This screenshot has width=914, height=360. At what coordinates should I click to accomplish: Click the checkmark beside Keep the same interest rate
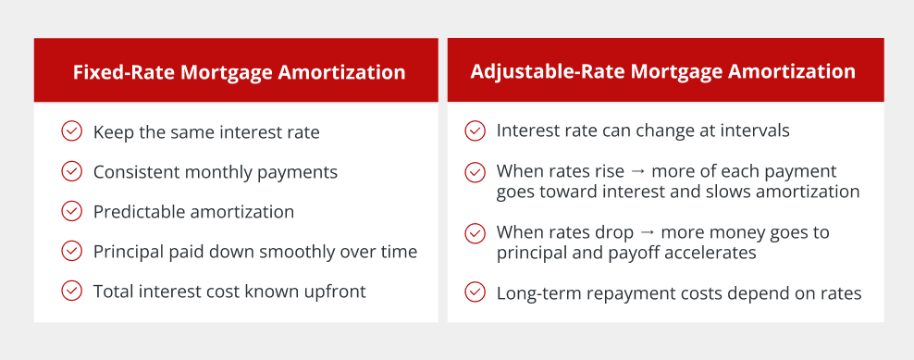(x=71, y=131)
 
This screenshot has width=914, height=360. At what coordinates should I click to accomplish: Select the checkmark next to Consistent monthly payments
(x=71, y=171)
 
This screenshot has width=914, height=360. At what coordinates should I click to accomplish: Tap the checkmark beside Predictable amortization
(x=71, y=211)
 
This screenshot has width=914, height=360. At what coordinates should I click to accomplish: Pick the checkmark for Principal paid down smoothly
(x=71, y=251)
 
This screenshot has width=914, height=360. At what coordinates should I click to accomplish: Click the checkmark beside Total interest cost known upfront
(x=71, y=291)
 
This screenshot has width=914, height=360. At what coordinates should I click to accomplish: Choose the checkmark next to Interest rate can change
(x=476, y=130)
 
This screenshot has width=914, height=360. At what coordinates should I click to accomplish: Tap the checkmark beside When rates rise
(x=476, y=172)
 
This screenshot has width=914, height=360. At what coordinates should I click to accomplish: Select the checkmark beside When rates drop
(x=476, y=233)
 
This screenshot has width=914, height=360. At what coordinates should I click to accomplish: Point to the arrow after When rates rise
(x=637, y=171)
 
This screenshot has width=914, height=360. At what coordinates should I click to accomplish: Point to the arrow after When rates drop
(x=647, y=233)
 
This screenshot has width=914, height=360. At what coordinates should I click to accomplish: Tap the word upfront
(x=340, y=292)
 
